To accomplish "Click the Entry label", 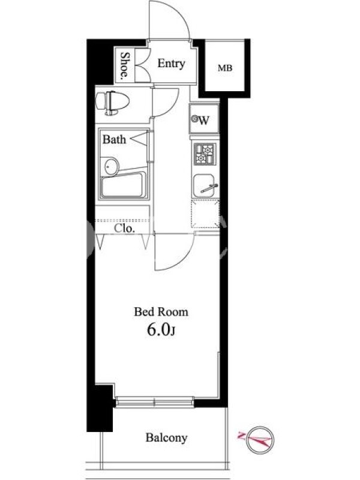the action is (171, 64).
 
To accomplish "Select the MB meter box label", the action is (225, 68).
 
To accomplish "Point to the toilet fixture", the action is (112, 102).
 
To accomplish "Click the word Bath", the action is (114, 139).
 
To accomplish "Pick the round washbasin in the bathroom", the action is (111, 167).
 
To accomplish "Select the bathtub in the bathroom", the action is (124, 185).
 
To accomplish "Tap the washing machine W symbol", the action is (201, 119).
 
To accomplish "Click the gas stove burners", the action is (205, 154).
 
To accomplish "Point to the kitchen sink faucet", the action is (209, 188).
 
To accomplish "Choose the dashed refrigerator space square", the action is (205, 214).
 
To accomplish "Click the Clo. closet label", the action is (124, 229).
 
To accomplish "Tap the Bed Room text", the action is (161, 312).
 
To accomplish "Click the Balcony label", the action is (166, 438).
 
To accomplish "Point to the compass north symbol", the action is (259, 440).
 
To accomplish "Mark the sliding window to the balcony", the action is (155, 402).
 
